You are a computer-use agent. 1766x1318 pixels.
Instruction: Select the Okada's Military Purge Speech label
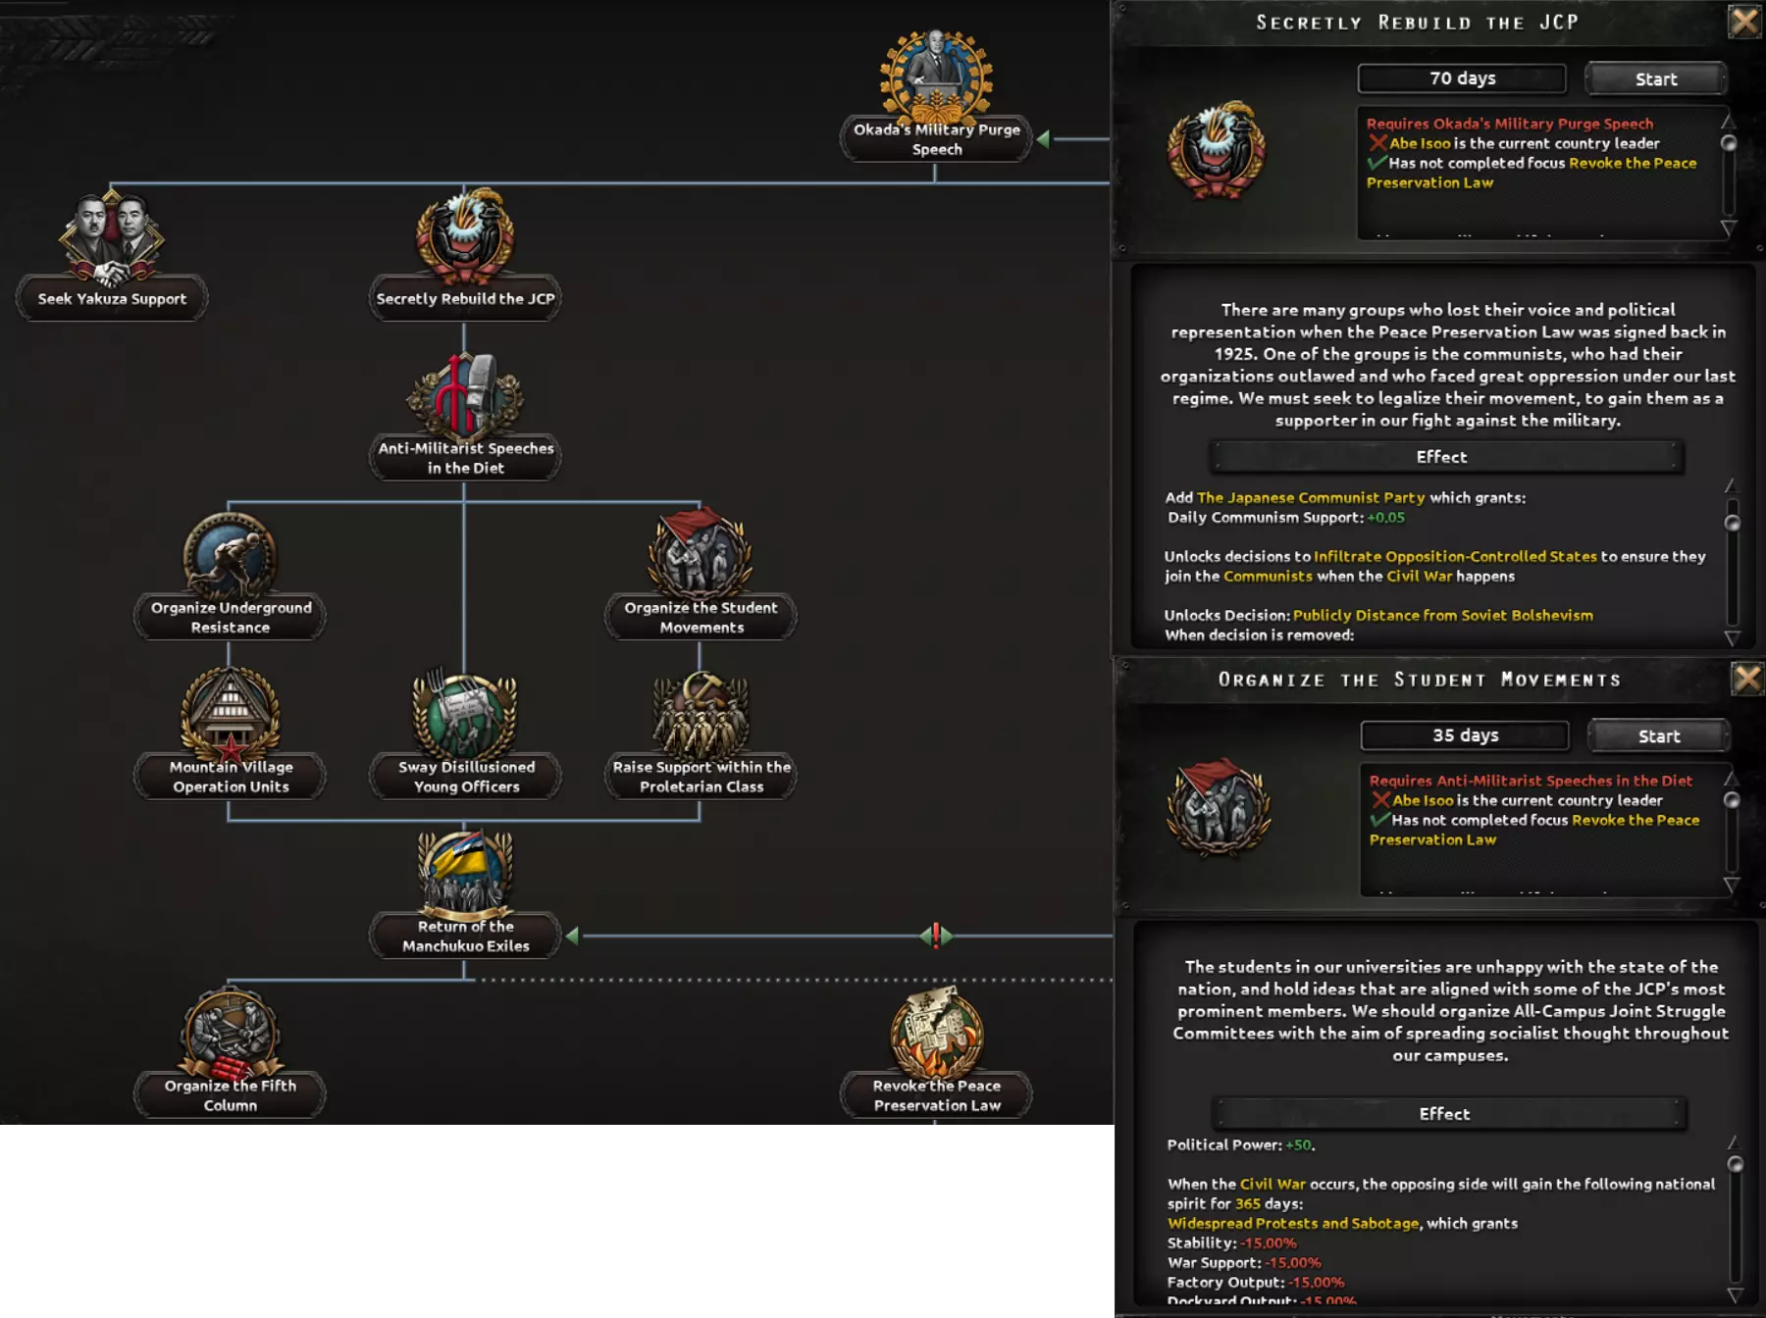(x=936, y=139)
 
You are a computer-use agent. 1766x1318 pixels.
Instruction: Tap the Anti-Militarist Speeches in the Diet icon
(x=465, y=396)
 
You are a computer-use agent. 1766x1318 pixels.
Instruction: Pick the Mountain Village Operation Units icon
(x=230, y=714)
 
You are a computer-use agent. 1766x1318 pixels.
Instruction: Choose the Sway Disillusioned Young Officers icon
(x=465, y=714)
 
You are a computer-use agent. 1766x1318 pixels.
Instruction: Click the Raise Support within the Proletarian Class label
(x=701, y=777)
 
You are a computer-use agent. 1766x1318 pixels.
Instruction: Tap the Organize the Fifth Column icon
(x=230, y=1032)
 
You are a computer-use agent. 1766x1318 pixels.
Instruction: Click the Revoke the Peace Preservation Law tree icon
(x=936, y=1034)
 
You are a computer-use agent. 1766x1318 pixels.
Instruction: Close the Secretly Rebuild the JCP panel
(x=1744, y=22)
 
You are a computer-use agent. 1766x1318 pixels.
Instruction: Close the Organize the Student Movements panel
(x=1746, y=679)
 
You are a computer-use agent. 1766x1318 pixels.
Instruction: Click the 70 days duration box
(x=1462, y=78)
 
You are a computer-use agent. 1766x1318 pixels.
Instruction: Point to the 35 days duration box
(x=1465, y=735)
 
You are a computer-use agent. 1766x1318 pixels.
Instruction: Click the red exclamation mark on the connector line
(x=936, y=936)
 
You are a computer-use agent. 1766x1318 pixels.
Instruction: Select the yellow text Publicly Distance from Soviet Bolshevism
(x=1442, y=615)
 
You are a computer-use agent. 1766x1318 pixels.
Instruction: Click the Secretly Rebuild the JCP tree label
(x=465, y=299)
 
